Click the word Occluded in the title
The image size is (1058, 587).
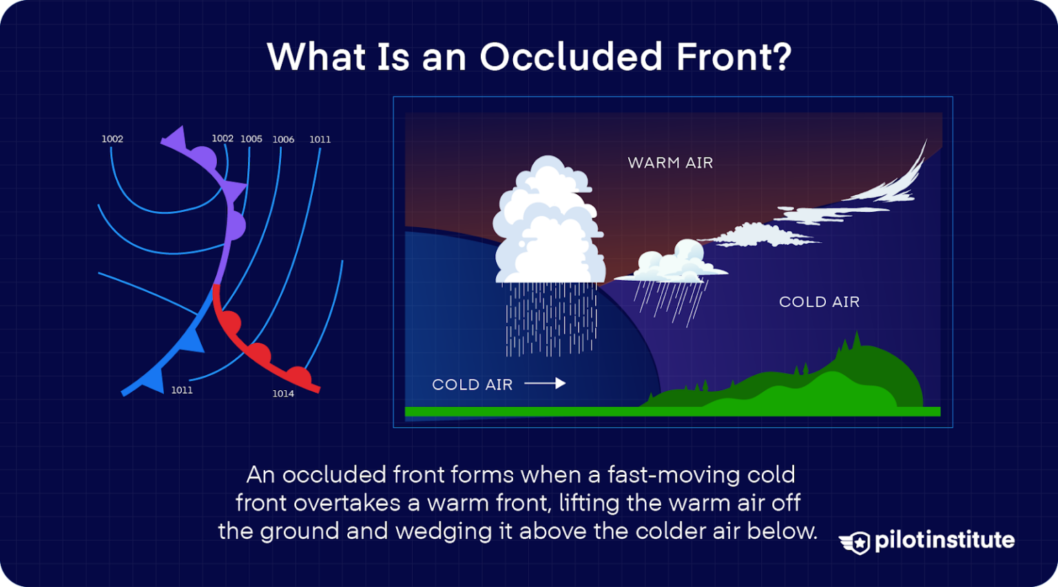(x=571, y=56)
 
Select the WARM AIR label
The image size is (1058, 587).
(x=670, y=163)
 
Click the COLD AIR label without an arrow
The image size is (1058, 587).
(x=819, y=302)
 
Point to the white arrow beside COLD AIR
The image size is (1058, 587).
(x=546, y=383)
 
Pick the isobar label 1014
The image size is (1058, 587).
(x=283, y=394)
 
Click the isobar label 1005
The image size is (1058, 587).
(x=251, y=139)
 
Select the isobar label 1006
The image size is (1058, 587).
(x=283, y=140)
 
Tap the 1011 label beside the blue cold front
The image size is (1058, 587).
(x=182, y=390)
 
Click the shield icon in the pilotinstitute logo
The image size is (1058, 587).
(x=855, y=542)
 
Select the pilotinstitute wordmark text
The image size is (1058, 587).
(x=944, y=540)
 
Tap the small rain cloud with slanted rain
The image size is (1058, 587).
(x=672, y=265)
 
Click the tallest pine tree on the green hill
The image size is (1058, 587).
(x=856, y=341)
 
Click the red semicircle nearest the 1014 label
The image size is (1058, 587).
(x=298, y=376)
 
